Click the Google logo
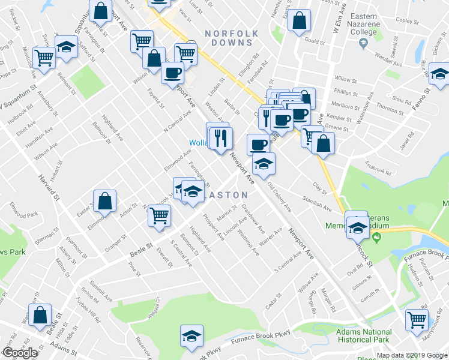coord(20,353)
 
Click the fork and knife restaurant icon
coord(221,137)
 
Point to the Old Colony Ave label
coord(279,197)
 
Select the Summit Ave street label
coord(100,277)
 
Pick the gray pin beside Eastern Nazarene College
coord(363,44)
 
